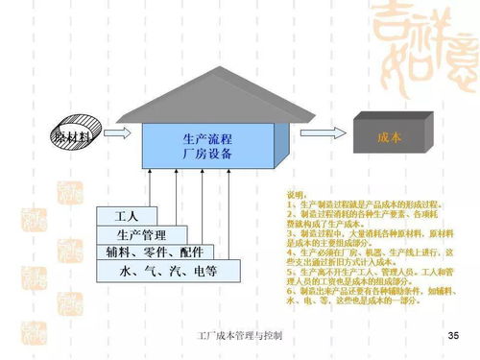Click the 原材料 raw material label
click(73, 138)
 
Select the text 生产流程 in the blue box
click(206, 139)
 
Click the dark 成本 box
click(389, 137)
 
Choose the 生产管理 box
click(141, 235)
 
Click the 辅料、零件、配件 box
click(155, 253)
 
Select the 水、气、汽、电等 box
click(168, 272)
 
